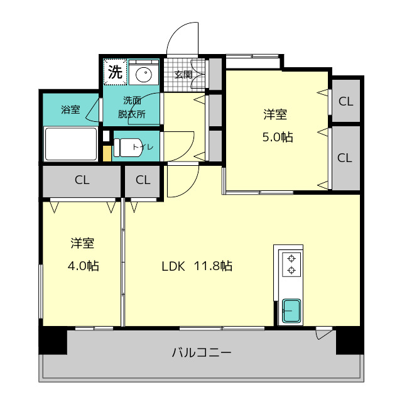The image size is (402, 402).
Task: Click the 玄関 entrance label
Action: pyautogui.click(x=183, y=75)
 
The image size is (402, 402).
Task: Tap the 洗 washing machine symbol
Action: pyautogui.click(x=115, y=72)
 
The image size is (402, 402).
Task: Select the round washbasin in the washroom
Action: pyautogui.click(x=144, y=74)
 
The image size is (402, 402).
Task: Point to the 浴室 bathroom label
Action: pyautogui.click(x=70, y=109)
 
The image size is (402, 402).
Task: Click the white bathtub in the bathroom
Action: pyautogui.click(x=71, y=144)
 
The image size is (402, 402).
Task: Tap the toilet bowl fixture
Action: pyautogui.click(x=128, y=148)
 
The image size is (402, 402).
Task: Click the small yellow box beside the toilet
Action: pyautogui.click(x=107, y=153)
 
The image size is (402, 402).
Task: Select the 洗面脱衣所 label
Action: pyautogui.click(x=132, y=107)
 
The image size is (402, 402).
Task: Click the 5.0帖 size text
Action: pyautogui.click(x=278, y=137)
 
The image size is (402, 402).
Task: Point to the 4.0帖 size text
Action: pyautogui.click(x=84, y=266)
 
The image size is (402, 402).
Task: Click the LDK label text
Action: pyautogui.click(x=173, y=266)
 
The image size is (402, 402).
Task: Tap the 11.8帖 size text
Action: pyautogui.click(x=214, y=266)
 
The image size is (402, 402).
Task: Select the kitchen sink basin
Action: pyautogui.click(x=291, y=311)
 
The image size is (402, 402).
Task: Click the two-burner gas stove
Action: pyautogui.click(x=291, y=264)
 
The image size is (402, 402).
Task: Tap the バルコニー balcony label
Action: pyautogui.click(x=202, y=352)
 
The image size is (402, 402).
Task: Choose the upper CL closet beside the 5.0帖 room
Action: pyautogui.click(x=346, y=101)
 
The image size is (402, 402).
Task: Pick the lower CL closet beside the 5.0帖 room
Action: pyautogui.click(x=345, y=158)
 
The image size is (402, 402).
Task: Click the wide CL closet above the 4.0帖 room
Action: pyautogui.click(x=82, y=180)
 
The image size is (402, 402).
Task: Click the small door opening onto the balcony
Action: pyautogui.click(x=324, y=332)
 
